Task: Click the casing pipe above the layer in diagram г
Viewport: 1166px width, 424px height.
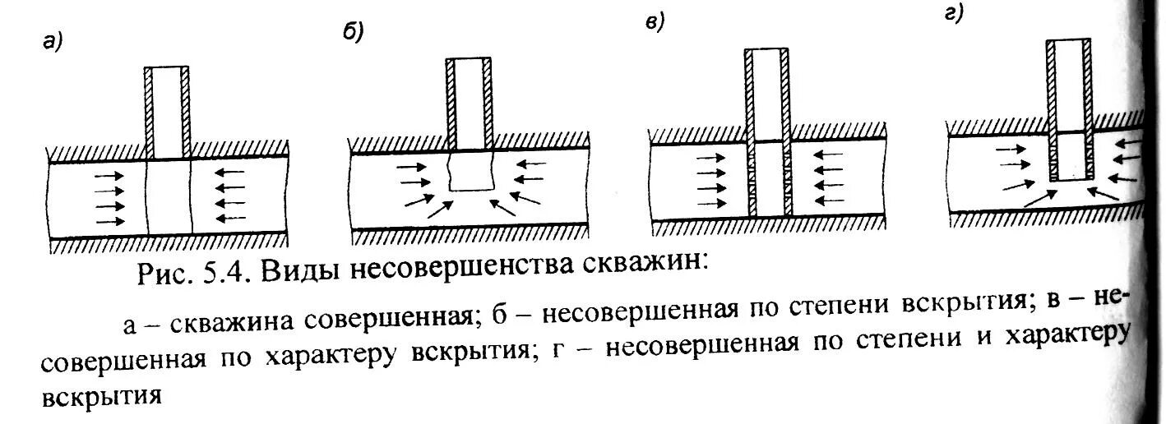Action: (1070, 82)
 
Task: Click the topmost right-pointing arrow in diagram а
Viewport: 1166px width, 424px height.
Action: (109, 176)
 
